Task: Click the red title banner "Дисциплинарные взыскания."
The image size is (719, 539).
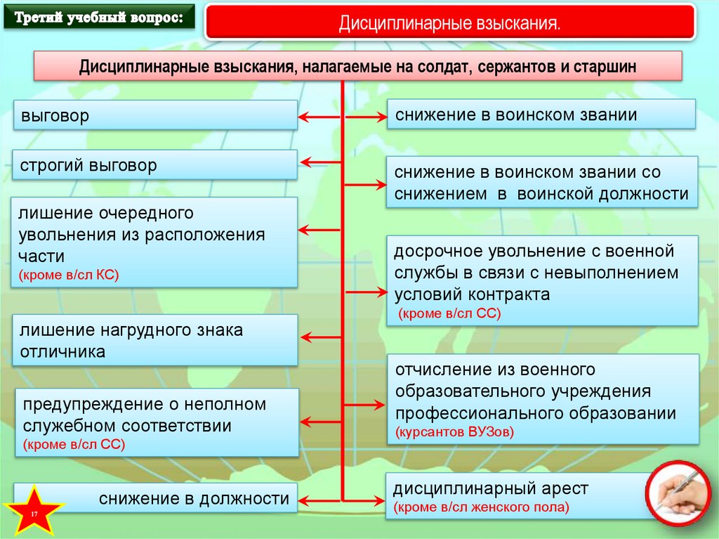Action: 450,22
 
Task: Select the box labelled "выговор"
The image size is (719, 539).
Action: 155,115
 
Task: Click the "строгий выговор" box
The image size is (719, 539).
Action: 155,166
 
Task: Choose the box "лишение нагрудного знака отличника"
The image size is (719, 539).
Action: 155,340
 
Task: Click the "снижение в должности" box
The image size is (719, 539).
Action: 155,499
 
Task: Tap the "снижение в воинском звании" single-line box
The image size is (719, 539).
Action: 541,115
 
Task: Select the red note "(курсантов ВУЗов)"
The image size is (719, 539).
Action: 454,431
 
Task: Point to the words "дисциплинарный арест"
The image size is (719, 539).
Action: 490,488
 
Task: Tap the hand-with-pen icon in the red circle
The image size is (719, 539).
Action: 679,494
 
